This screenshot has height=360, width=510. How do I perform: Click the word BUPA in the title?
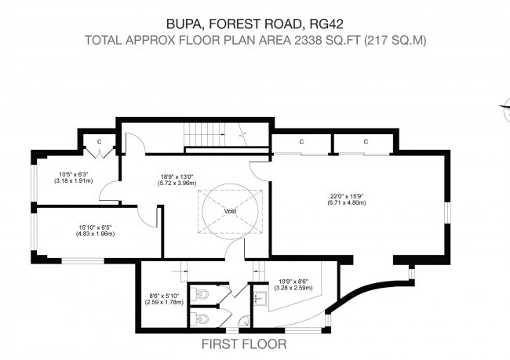(x=182, y=23)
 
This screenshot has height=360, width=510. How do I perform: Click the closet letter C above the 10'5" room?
(x=100, y=141)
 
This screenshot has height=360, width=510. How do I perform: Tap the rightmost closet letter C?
(x=366, y=141)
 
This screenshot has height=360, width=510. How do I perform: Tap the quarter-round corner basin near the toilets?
(x=243, y=320)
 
